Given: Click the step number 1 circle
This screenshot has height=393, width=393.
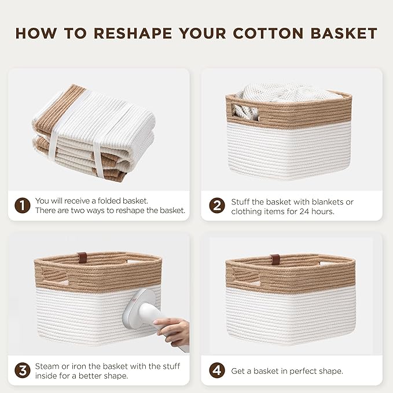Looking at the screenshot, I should [21, 205].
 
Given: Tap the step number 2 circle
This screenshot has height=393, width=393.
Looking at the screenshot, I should [216, 206].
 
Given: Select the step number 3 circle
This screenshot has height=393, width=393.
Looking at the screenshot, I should [21, 370].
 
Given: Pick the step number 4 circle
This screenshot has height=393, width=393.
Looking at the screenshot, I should [216, 370].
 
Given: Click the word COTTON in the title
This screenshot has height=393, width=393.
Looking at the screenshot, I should [265, 33].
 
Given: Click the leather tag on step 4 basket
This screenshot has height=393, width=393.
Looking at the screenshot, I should [276, 258].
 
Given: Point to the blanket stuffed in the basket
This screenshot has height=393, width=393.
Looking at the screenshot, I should [284, 93].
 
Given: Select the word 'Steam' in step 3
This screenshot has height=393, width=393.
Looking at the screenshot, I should [47, 366].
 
